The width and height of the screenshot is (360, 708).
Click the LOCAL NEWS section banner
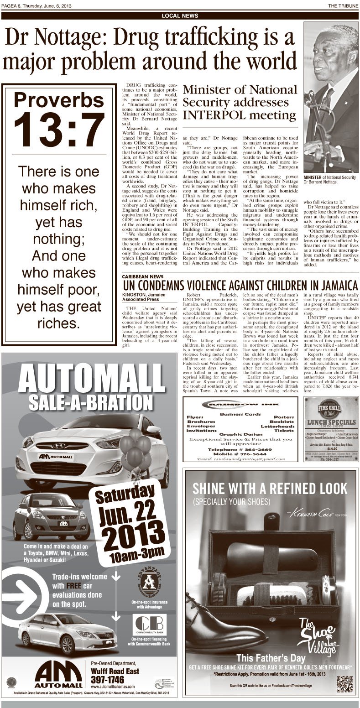(x=180, y=16)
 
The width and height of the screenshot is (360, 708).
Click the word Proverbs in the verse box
(x=58, y=100)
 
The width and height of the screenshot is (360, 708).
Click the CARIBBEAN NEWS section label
(x=143, y=276)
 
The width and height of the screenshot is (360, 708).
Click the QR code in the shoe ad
(x=345, y=683)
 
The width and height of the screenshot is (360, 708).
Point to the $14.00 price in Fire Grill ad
(x=331, y=448)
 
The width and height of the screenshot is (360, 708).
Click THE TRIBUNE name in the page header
(x=343, y=5)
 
